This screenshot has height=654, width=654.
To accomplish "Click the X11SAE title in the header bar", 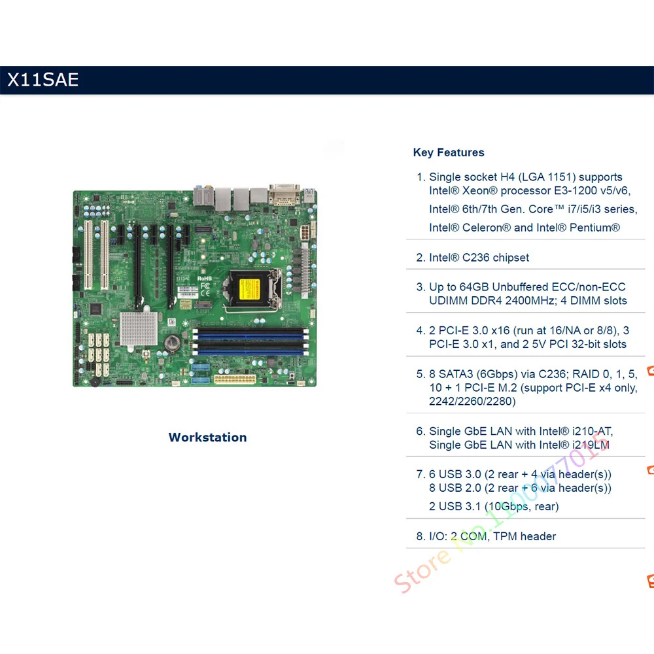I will tap(43, 80).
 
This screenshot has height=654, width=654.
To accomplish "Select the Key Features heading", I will tap(449, 152).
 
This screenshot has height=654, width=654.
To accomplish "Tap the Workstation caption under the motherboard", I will tap(207, 438).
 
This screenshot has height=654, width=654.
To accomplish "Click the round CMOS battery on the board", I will tap(173, 341).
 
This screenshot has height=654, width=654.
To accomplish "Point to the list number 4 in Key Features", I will tap(420, 330).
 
